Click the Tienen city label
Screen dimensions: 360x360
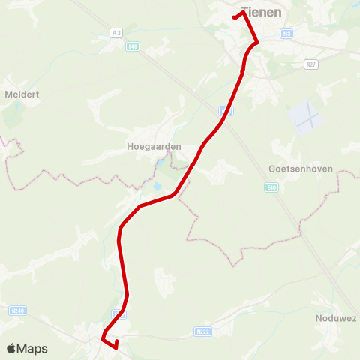(x=262, y=13)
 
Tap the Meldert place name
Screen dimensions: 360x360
(x=22, y=94)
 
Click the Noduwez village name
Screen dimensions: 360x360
(x=335, y=318)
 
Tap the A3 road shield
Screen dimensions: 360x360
(x=115, y=33)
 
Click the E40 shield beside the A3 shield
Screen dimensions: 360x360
(x=133, y=46)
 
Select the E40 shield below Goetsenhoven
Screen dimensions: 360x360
(x=274, y=188)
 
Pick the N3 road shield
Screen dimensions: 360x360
(x=287, y=34)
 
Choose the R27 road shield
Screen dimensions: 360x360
(x=311, y=65)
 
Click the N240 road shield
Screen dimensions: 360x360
(x=17, y=310)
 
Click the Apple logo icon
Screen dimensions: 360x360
(x=11, y=348)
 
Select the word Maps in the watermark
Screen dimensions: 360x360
(x=32, y=349)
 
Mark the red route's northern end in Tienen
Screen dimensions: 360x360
(x=235, y=16)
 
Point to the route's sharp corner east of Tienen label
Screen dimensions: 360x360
(x=257, y=42)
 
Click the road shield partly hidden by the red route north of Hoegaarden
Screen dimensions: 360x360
(x=228, y=111)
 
